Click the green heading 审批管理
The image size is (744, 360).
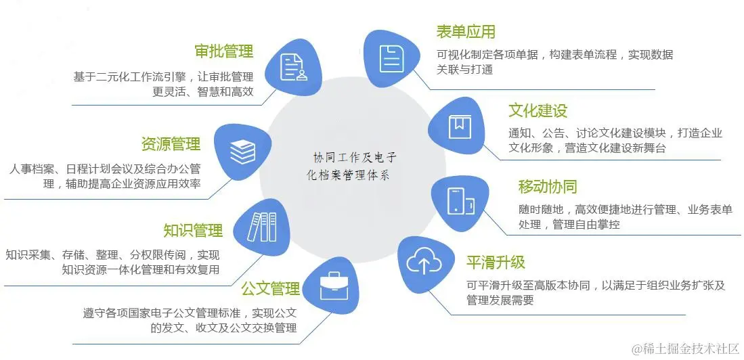(223, 51)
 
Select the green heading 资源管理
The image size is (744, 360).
(171, 144)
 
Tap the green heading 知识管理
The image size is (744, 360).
(193, 231)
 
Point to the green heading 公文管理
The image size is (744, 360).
(270, 290)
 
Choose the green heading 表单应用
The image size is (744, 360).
(466, 32)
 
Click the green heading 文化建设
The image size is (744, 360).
(538, 111)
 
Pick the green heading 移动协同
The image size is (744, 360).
(548, 187)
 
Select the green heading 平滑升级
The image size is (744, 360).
(496, 263)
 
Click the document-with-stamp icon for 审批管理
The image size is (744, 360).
(293, 66)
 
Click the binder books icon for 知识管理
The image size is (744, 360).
(261, 227)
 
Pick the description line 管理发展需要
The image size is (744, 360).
(500, 300)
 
